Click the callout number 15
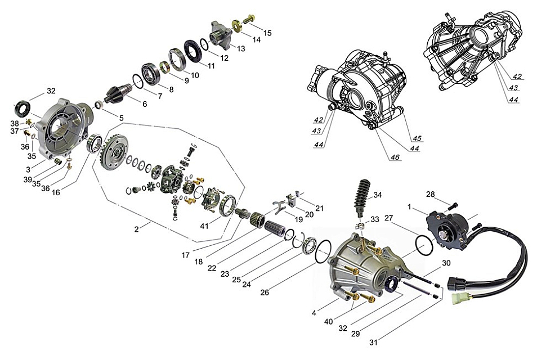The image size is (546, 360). (x=267, y=33)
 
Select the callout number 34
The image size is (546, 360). (x=377, y=195)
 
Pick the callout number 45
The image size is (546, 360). (x=417, y=138)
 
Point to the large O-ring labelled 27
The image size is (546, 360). (x=424, y=244)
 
